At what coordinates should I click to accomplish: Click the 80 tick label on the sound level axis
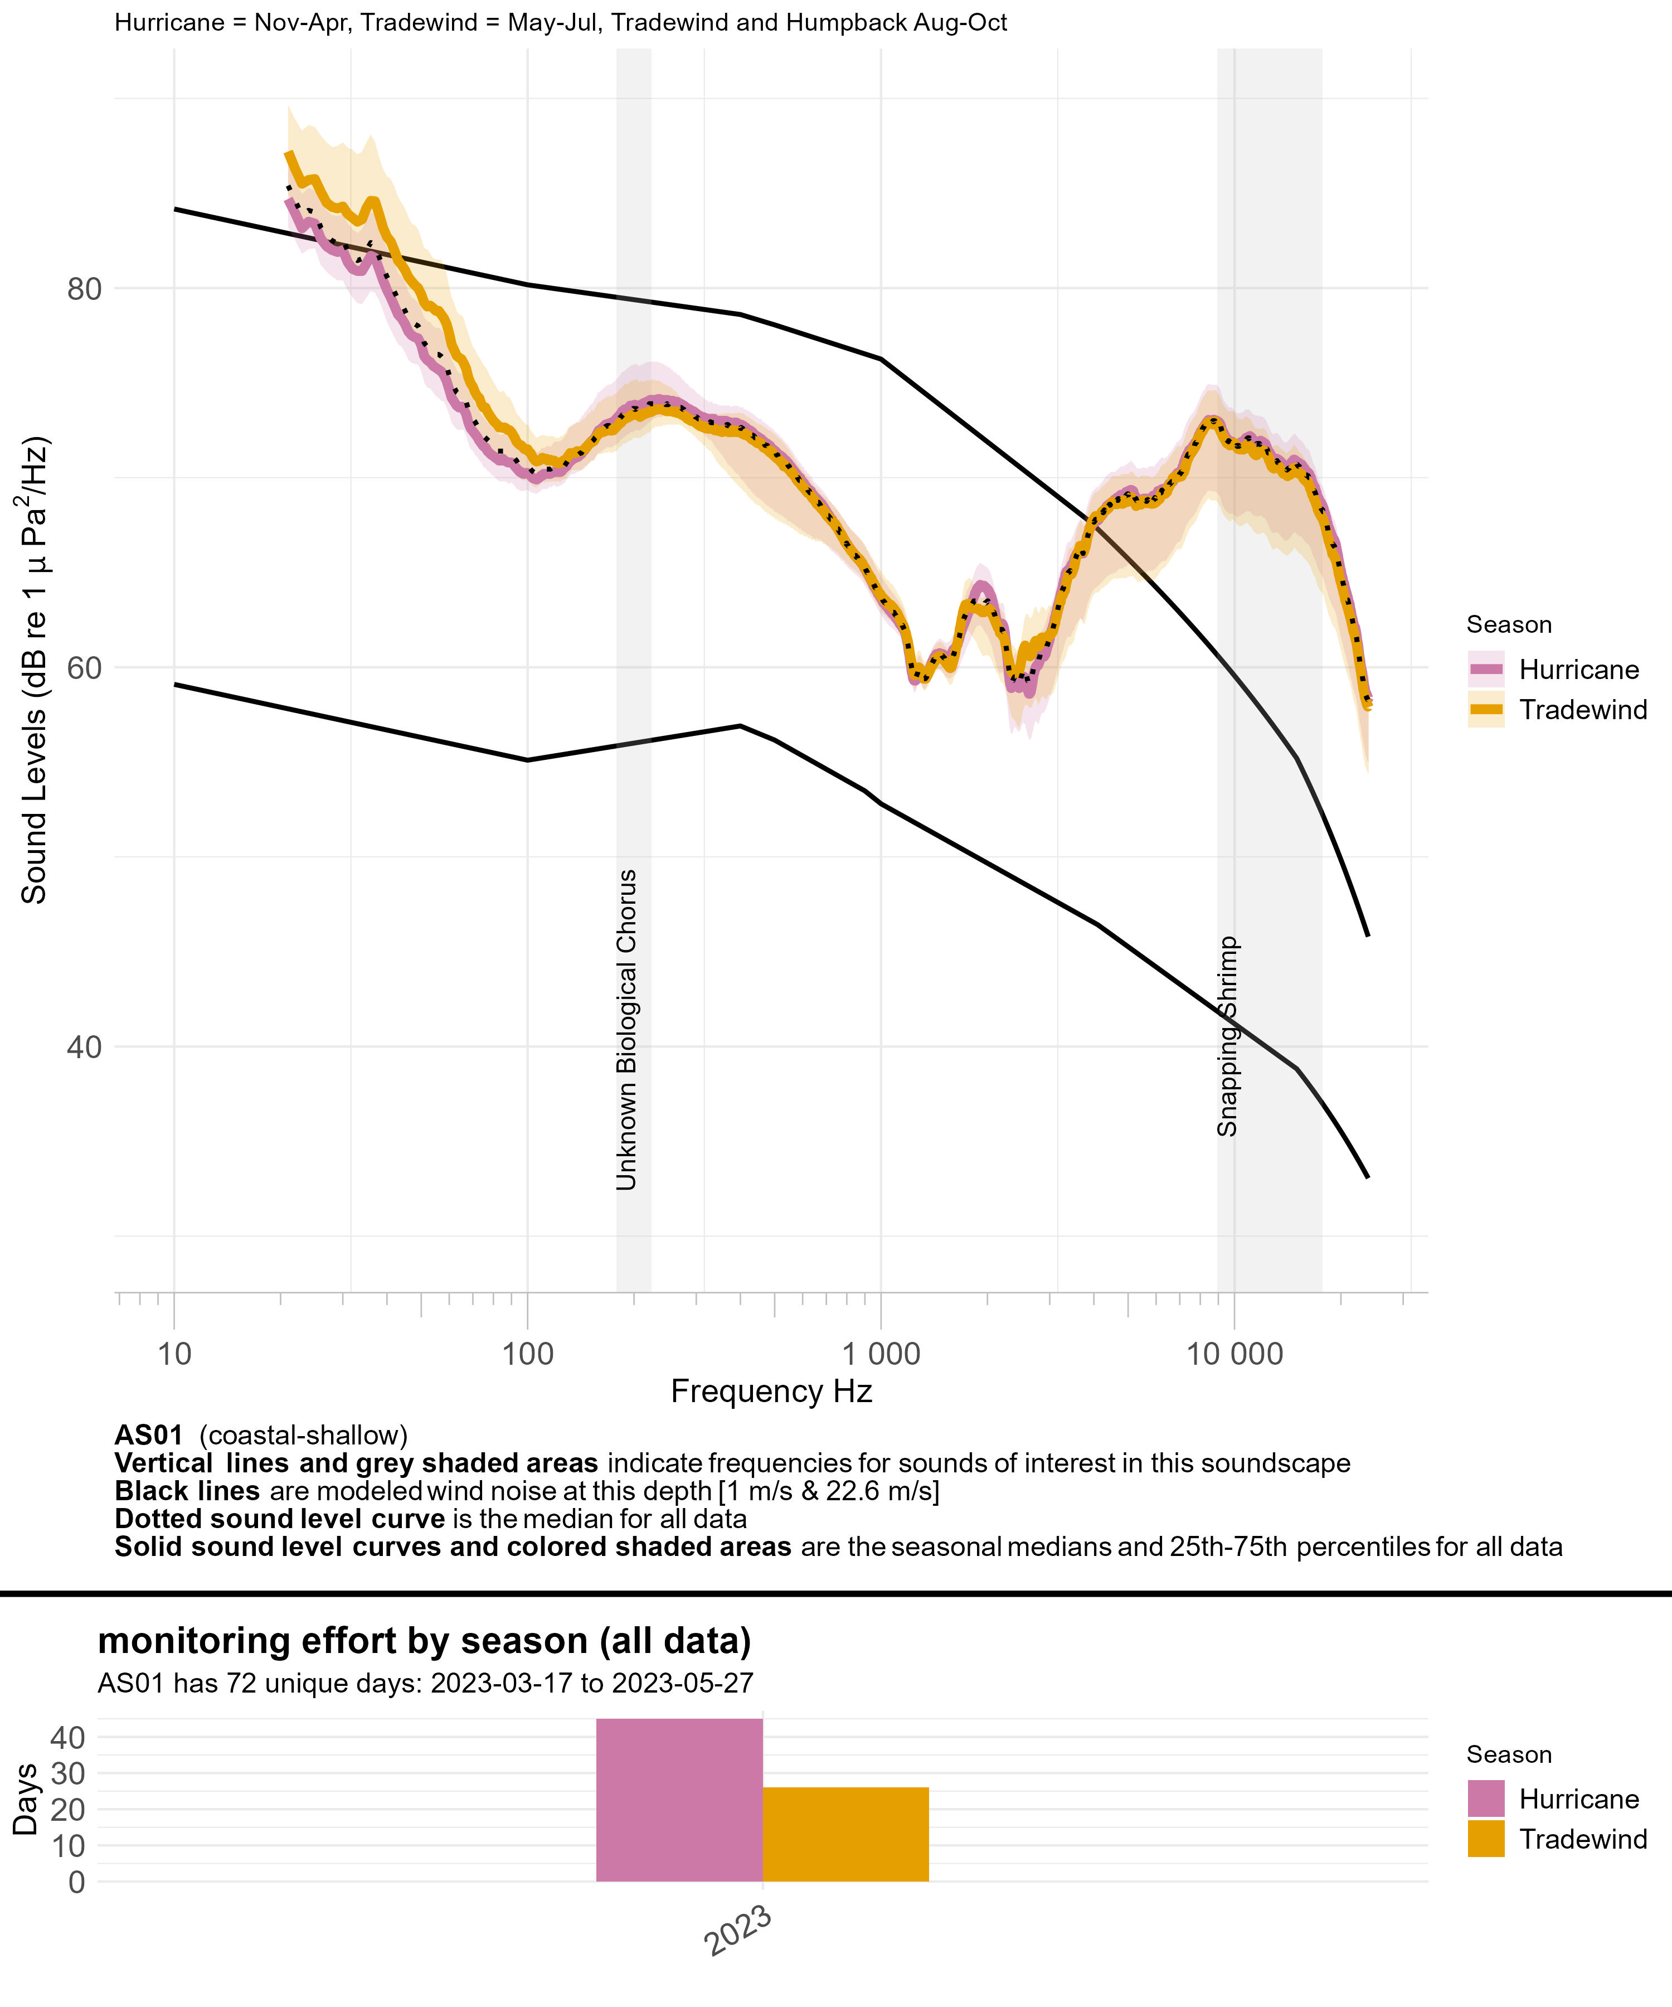click(84, 289)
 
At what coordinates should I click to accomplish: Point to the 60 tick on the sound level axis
click(84, 667)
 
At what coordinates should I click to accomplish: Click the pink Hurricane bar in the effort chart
click(679, 1801)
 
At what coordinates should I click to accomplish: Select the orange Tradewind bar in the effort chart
click(845, 1834)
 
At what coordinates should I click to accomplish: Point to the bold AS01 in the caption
click(148, 1436)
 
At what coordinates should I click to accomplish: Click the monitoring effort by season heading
click(424, 1641)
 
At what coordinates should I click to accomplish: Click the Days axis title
click(26, 1800)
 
